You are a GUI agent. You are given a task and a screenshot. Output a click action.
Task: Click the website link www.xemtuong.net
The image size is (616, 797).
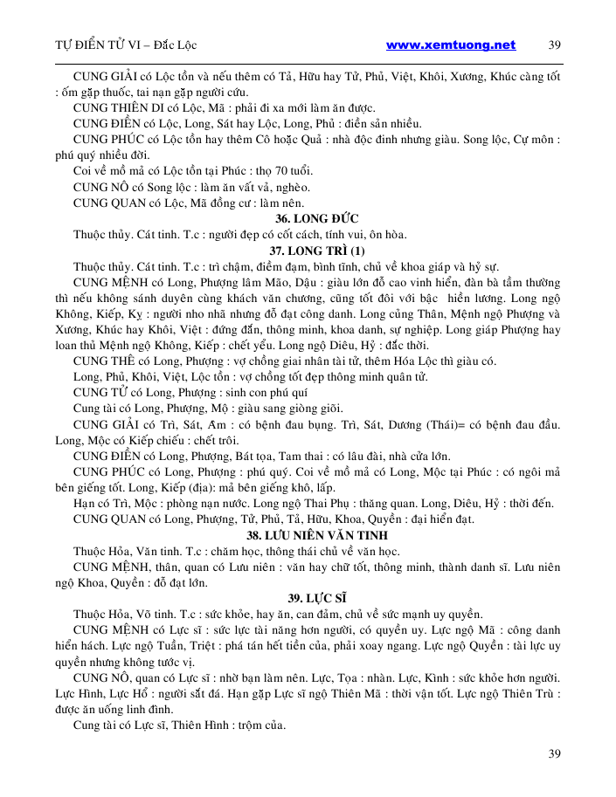450,45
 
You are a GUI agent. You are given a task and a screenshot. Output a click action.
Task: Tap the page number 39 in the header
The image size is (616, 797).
555,45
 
